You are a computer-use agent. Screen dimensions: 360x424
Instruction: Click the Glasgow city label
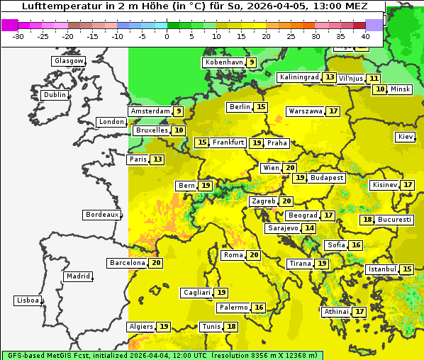68,61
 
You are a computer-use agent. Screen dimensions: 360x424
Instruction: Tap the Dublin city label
55,95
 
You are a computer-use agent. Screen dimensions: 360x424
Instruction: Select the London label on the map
111,122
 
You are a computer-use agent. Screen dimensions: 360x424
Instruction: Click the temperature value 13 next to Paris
157,159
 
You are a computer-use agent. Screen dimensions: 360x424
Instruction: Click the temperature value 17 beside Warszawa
333,111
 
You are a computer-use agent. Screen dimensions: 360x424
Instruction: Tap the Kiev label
406,137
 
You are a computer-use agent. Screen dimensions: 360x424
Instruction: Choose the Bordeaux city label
101,215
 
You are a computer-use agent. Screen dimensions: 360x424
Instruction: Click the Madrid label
78,276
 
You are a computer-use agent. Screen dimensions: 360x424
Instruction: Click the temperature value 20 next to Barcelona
156,263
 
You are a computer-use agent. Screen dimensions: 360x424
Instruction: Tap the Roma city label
233,255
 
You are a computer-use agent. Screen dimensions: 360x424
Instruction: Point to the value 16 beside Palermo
259,308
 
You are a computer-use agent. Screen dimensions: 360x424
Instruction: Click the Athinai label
336,312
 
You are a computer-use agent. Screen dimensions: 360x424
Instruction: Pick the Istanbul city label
381,270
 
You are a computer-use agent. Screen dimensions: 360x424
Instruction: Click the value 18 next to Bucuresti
367,220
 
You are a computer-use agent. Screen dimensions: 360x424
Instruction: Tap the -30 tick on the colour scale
18,36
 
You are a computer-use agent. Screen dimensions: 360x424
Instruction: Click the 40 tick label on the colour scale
365,36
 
